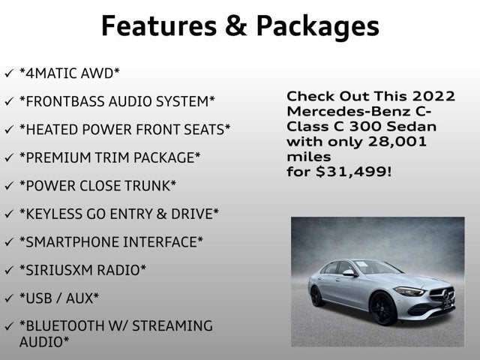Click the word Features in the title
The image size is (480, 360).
(154, 26)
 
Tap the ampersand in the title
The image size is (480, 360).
(232, 26)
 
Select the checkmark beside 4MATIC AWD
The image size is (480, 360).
(8, 73)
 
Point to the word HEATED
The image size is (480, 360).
(47, 129)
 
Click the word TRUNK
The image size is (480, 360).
(148, 185)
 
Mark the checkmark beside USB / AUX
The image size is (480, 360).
(8, 298)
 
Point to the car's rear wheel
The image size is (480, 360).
(317, 295)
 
